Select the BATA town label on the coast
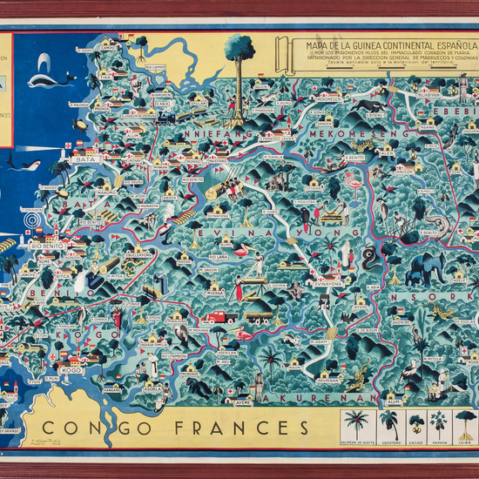(x=84, y=160)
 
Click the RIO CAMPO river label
(x=156, y=66)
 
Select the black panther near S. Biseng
(x=373, y=105)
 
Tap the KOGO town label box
(x=72, y=369)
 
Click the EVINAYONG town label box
(x=328, y=284)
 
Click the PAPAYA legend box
(x=438, y=428)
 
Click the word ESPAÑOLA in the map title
(x=442, y=44)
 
